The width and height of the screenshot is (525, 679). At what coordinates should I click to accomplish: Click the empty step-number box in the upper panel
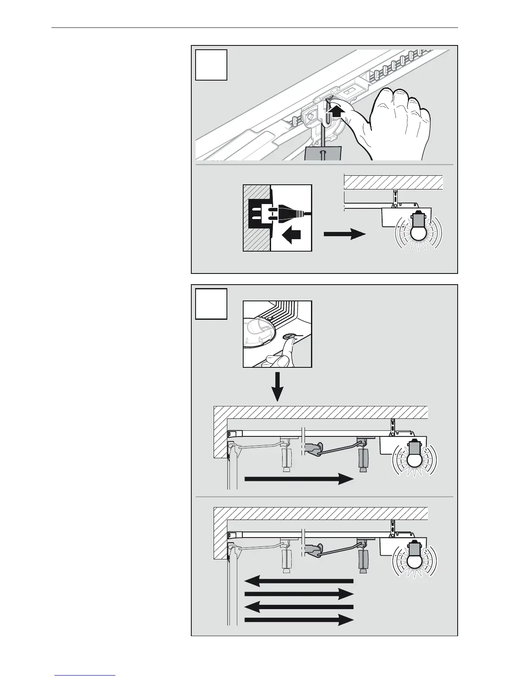[x=211, y=65]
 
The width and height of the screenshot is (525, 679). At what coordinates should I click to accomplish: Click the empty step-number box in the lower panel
[x=211, y=304]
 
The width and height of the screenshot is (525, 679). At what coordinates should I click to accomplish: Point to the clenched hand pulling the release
[x=397, y=122]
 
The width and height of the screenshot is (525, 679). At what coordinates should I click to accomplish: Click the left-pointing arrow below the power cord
[x=291, y=235]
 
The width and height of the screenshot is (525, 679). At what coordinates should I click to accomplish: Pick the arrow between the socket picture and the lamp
[x=344, y=234]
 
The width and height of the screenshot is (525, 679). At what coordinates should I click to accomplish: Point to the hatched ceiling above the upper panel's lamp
[x=393, y=182]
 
